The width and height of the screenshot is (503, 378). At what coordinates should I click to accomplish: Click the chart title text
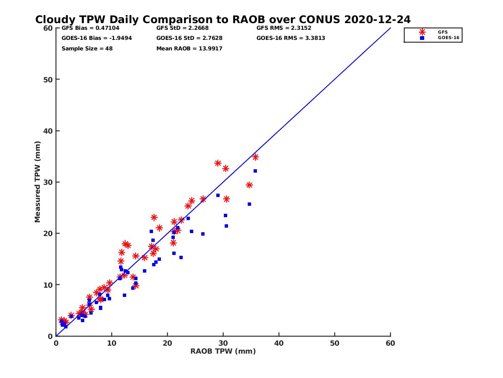point(223,20)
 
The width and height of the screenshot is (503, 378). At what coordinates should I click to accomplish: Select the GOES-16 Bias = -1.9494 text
point(97,38)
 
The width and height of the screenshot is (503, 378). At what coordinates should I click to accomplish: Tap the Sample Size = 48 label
point(87,49)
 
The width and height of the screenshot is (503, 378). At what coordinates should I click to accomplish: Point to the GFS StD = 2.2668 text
point(182,28)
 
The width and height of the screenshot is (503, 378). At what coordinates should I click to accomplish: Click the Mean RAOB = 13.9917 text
point(189,49)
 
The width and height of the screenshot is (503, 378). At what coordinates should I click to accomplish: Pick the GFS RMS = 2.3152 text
point(284,28)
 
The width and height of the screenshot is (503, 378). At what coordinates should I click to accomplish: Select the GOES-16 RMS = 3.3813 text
point(291,38)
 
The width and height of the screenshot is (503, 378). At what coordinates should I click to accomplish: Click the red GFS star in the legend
point(422,32)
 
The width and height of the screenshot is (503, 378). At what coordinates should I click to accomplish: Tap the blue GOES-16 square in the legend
point(422,38)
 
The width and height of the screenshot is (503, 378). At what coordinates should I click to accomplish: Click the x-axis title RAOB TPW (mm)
point(223,352)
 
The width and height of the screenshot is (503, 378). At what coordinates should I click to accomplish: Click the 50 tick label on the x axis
point(334,344)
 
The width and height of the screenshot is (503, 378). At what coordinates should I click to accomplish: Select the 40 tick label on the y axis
point(48,131)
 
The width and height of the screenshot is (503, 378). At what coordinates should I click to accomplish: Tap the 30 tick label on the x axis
point(223,344)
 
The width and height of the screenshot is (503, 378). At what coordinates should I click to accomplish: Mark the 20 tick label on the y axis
point(48,234)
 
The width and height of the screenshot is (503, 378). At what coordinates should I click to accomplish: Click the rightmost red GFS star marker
point(255,157)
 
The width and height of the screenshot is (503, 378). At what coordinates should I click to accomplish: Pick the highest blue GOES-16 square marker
point(255,171)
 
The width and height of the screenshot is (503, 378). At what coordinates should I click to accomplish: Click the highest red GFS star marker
point(255,157)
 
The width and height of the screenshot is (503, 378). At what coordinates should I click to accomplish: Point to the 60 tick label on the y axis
point(48,28)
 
